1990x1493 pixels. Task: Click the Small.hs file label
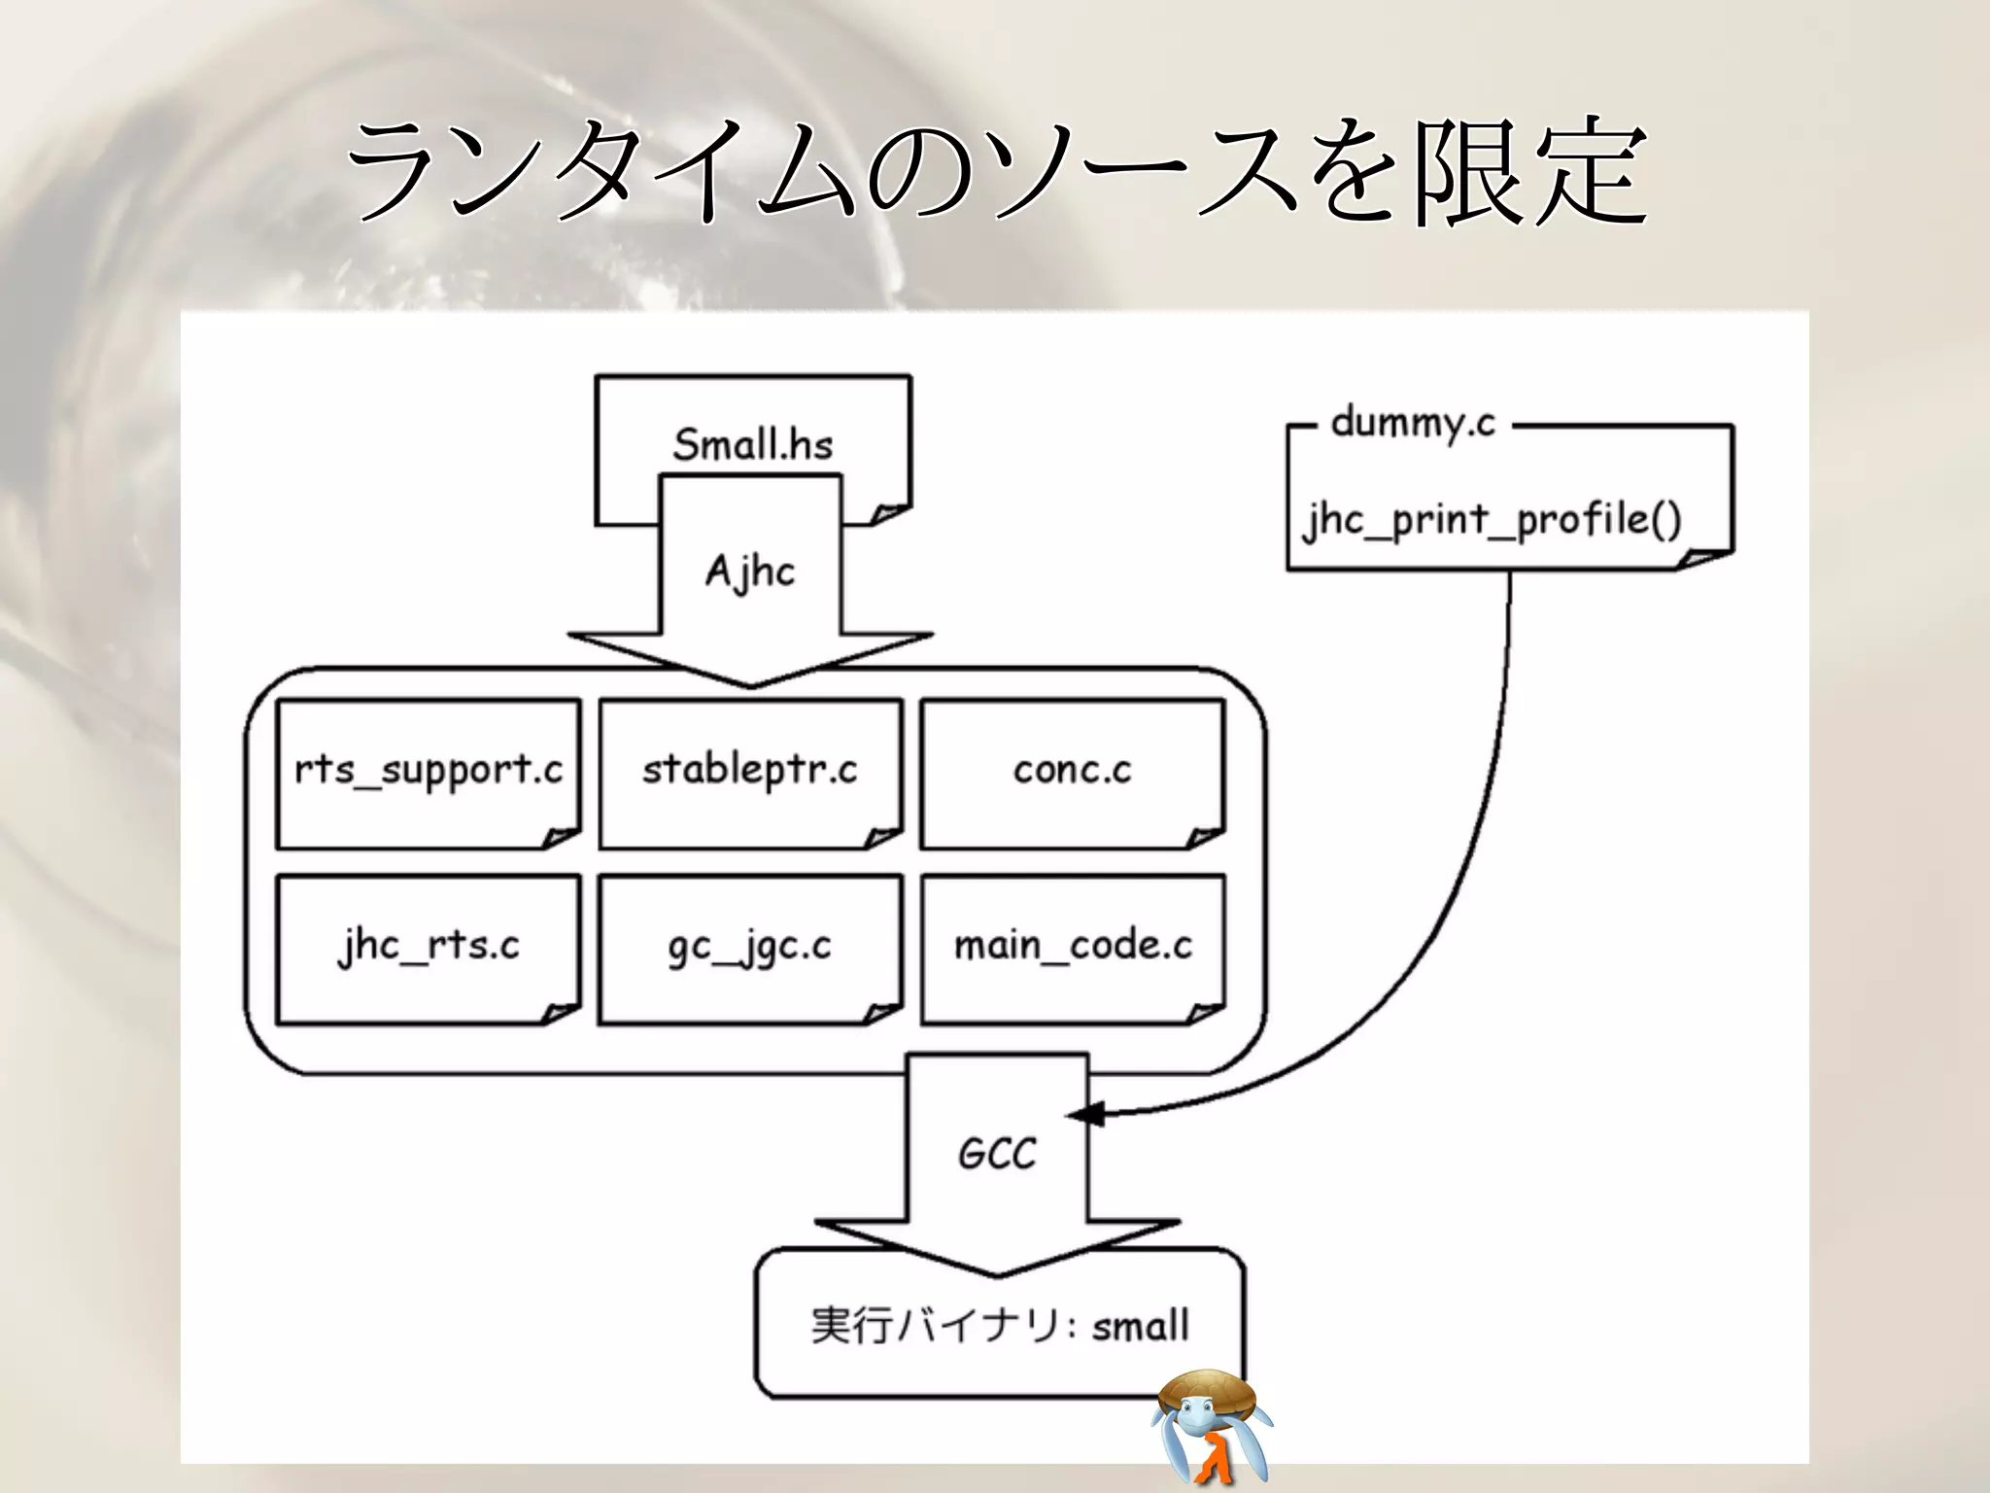pos(753,444)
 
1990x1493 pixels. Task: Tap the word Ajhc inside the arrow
pos(749,571)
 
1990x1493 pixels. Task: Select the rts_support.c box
pos(429,773)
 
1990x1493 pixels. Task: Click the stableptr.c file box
pos(750,773)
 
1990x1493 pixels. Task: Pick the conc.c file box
pos(1072,773)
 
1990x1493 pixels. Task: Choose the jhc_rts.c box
pos(429,948)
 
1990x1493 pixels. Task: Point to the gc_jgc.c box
pos(750,948)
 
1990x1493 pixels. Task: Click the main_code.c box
pos(1072,948)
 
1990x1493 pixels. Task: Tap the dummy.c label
pos(1413,424)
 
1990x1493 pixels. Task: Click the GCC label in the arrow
pos(997,1154)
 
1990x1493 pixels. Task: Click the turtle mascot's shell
pos(1208,1387)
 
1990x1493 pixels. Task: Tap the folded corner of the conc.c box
pos(1205,837)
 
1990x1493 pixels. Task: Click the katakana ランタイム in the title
pos(602,173)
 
